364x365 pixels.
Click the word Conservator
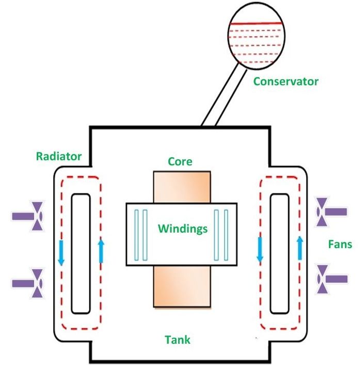286,81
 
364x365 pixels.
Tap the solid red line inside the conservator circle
257,24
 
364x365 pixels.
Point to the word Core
180,161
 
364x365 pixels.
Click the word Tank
178,340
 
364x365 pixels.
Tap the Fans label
340,244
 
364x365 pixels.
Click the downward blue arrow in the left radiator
61,252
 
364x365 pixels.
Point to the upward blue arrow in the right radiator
300,248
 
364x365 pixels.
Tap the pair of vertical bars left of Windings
141,235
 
